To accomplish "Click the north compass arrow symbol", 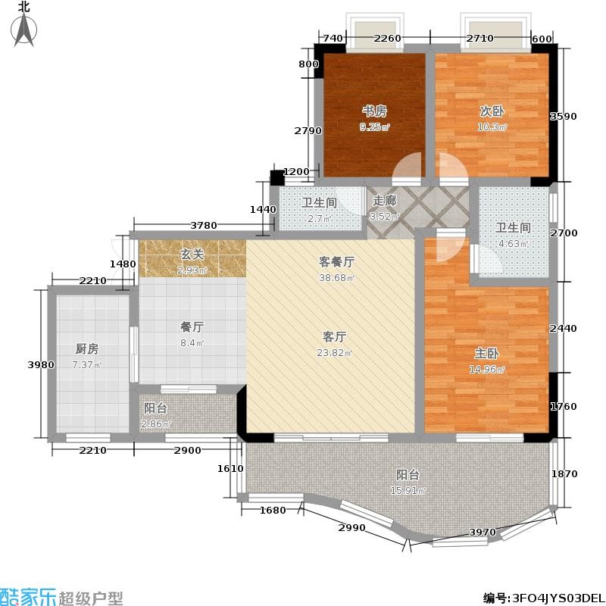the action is click(24, 30).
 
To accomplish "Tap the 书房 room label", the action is click(374, 111).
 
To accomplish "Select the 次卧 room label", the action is click(492, 111).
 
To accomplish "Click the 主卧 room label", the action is click(486, 354).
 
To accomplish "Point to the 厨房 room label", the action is click(86, 349).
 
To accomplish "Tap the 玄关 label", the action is click(192, 255).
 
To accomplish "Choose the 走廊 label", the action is click(384, 200).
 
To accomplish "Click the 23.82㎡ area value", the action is click(335, 353).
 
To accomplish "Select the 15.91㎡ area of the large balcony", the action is click(408, 491).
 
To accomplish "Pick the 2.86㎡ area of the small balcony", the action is click(155, 424).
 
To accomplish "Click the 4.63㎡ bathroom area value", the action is click(514, 244).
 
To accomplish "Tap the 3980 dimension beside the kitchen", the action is click(41, 364).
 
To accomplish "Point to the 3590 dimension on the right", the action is click(563, 117).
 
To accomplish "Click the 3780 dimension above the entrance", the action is click(204, 225).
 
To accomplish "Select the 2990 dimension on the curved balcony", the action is click(351, 527).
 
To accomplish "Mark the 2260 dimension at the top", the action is click(387, 39).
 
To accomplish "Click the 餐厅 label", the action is click(192, 327).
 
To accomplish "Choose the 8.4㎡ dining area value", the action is click(192, 343).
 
